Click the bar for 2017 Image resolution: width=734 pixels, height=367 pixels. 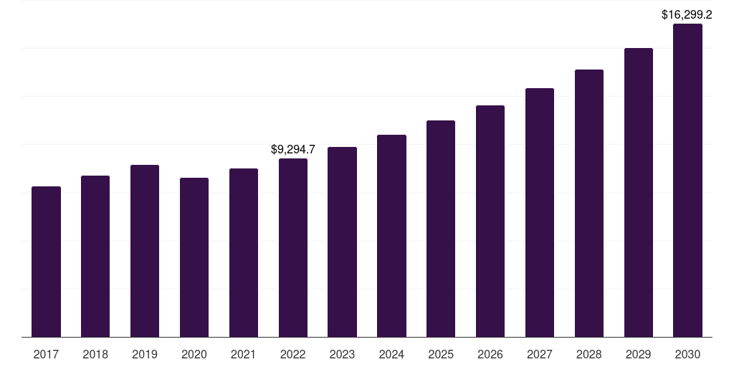pos(46,262)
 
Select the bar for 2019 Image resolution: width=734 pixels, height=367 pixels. pos(145,251)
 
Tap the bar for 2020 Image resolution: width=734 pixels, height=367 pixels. pos(194,257)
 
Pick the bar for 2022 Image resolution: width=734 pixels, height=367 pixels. pos(293,247)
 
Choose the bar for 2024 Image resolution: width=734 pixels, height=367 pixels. pos(391,236)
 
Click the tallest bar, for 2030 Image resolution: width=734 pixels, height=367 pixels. pos(687,180)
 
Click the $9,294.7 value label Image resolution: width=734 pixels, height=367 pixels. pos(293,150)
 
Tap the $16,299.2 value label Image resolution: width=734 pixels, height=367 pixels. pos(687,14)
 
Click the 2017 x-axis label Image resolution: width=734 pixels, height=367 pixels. pos(46,354)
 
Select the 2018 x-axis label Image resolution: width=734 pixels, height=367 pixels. pos(95,354)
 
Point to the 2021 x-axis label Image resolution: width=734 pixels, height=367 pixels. pos(244,354)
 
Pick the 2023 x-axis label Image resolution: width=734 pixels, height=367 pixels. pos(342,354)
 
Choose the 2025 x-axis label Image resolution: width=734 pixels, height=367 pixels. pos(441,354)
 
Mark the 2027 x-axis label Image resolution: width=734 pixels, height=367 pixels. pos(540,354)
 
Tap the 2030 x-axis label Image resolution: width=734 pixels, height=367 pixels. pos(687,354)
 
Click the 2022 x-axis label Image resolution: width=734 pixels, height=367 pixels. pos(293,354)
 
